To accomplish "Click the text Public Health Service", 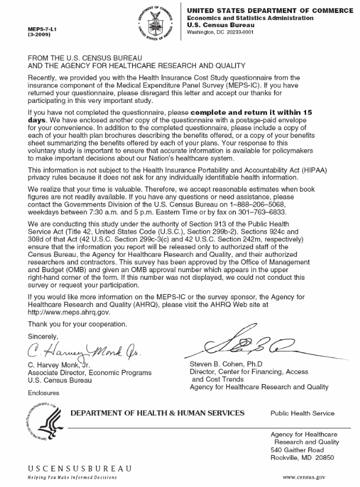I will [x=302, y=413].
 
